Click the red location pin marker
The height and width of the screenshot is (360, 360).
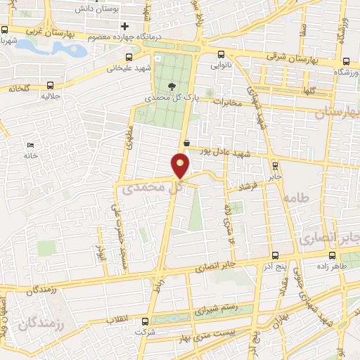pyautogui.click(x=181, y=165)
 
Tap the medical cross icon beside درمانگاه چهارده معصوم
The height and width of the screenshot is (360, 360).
pyautogui.click(x=125, y=26)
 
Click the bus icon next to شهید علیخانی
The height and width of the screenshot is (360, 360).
pyautogui.click(x=127, y=58)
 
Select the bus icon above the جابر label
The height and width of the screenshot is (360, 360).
pyautogui.click(x=275, y=166)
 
